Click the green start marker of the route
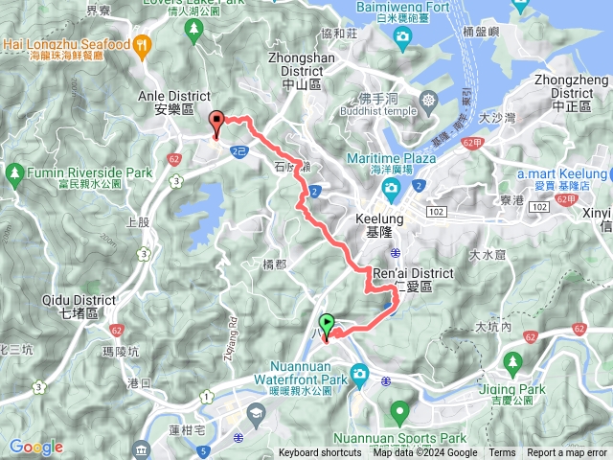point(328,325)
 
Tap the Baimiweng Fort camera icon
point(402,36)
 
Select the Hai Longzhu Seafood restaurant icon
point(142,44)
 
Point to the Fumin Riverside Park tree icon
point(14,172)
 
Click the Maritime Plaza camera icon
point(391,186)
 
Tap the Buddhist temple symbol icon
point(428,100)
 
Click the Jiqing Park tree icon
point(512,362)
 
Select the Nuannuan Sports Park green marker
point(399,413)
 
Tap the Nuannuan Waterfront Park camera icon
point(360,374)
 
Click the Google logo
point(35,447)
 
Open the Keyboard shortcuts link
point(320,453)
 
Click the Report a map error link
point(567,453)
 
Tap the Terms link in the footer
point(502,453)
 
